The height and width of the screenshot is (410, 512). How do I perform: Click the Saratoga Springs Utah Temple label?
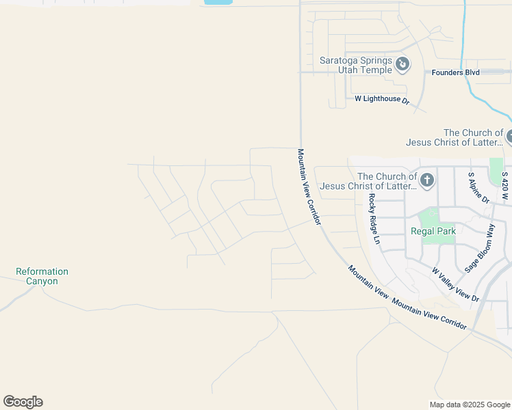coord(356,65)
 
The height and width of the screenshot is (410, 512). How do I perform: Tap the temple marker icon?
coord(402,64)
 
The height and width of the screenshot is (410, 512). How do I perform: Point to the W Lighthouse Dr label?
coord(381,99)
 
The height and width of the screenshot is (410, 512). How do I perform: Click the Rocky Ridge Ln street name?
coord(373,219)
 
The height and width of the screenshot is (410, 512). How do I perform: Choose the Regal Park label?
coord(433,232)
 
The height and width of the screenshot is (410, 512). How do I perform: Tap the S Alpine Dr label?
coord(478,188)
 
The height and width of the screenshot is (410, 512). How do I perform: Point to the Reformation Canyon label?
coord(42,276)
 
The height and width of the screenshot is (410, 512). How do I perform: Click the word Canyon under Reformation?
coord(42,282)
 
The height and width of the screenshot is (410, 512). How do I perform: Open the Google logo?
coord(23,402)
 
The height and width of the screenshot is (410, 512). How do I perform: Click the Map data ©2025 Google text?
coord(469,405)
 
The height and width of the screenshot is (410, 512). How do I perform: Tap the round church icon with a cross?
coord(426,180)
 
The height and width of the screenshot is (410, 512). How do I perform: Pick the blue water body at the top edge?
coord(218,2)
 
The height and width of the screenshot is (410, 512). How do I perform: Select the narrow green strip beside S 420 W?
coord(496,171)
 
